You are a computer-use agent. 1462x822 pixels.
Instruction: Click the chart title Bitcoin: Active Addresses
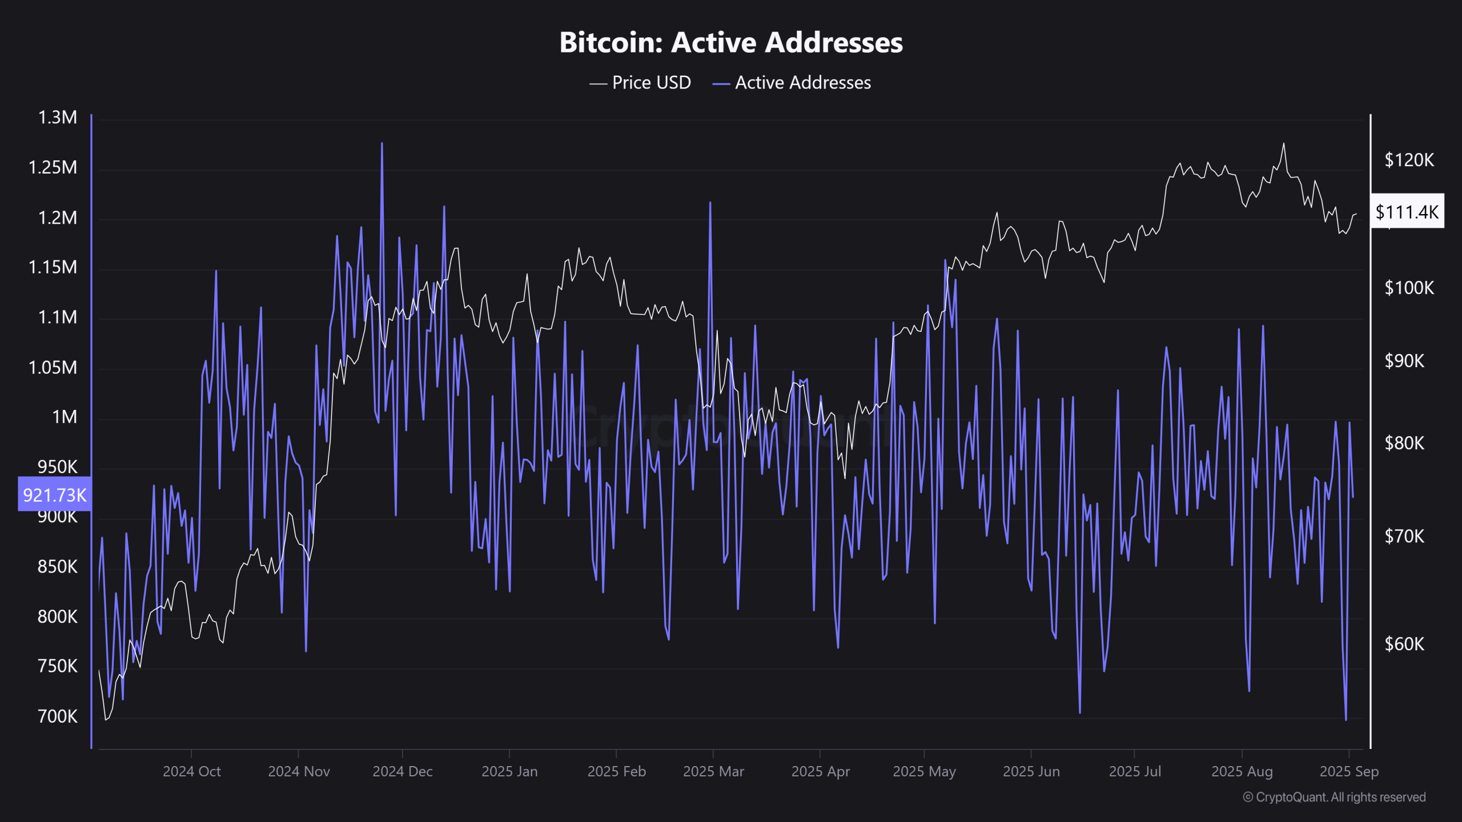click(x=731, y=42)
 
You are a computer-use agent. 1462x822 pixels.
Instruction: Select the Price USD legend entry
click(x=640, y=83)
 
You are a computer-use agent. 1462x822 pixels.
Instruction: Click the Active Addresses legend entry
click(x=792, y=83)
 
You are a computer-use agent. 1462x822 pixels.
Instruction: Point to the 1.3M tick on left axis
click(x=57, y=118)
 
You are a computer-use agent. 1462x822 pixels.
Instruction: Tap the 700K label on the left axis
click(x=57, y=716)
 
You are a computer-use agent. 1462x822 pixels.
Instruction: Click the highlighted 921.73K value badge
click(x=55, y=494)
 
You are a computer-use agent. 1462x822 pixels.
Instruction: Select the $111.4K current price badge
click(x=1407, y=212)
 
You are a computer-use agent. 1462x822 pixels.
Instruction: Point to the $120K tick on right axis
click(x=1409, y=160)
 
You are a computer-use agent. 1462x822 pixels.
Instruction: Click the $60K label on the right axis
click(x=1404, y=644)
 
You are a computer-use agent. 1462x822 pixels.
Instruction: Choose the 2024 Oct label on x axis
click(x=191, y=771)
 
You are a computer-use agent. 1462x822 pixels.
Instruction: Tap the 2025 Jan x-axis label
click(x=509, y=771)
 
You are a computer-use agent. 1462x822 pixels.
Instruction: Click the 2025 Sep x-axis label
click(x=1349, y=771)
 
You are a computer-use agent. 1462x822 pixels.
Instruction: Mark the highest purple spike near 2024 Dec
click(x=382, y=144)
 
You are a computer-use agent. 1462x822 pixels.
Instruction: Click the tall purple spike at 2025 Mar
click(x=710, y=203)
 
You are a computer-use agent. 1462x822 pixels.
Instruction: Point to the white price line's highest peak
click(x=1283, y=144)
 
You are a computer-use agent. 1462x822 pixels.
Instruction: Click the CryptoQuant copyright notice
click(x=1334, y=797)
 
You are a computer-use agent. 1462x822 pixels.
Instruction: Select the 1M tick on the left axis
click(x=64, y=417)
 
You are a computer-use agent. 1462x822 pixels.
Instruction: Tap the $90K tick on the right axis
click(x=1404, y=361)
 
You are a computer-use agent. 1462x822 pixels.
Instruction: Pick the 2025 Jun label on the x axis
click(x=1031, y=771)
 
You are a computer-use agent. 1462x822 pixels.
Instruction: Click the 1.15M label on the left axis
click(x=53, y=267)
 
